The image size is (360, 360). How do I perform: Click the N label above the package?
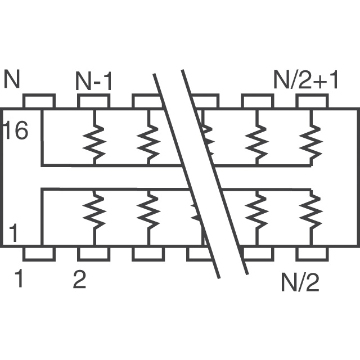click(x=12, y=80)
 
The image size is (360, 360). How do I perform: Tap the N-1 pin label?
click(x=94, y=82)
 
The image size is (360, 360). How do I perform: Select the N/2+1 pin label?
click(x=306, y=81)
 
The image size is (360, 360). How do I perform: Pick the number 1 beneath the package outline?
click(x=19, y=280)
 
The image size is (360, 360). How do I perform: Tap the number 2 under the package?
click(x=79, y=280)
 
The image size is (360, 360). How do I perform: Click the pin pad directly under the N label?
click(x=39, y=101)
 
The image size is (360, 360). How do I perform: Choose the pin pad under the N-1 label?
click(x=93, y=101)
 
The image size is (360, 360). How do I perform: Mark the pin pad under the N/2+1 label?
click(x=312, y=101)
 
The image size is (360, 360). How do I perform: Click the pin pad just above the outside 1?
click(x=39, y=254)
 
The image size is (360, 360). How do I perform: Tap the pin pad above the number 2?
click(x=93, y=254)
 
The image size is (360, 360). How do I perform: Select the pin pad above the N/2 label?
click(x=312, y=254)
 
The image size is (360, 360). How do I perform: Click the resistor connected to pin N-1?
click(x=93, y=142)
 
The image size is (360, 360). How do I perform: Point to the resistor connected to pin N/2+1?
click(x=312, y=142)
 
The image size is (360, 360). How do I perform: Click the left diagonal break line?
click(x=186, y=174)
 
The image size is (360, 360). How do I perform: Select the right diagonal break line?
click(x=215, y=174)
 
